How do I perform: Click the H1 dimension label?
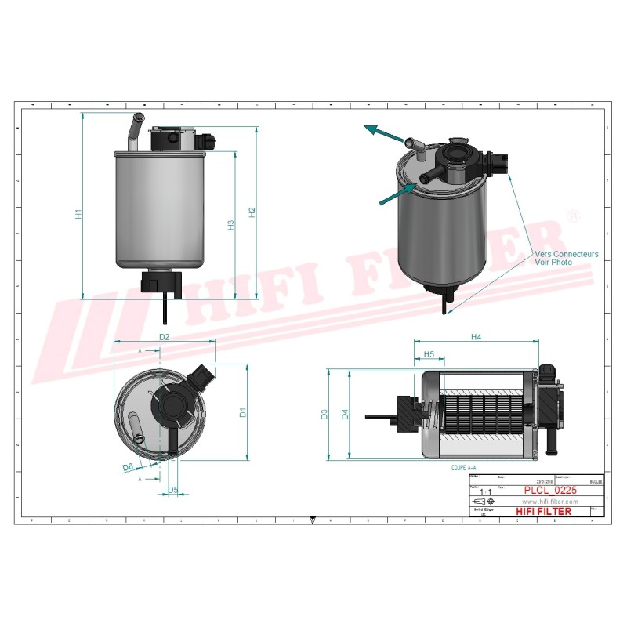(x=78, y=214)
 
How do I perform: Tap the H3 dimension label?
(x=230, y=225)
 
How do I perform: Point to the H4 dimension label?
(x=476, y=337)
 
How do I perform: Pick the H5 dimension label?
(x=429, y=355)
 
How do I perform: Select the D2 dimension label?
(x=165, y=337)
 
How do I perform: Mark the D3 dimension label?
(x=325, y=414)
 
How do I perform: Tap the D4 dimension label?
(x=346, y=414)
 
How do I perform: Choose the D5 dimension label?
(x=173, y=491)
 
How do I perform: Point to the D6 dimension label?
(x=127, y=467)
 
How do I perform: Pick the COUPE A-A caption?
(x=463, y=467)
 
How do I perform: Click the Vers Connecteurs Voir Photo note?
(x=566, y=259)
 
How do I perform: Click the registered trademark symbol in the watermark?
(x=572, y=216)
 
